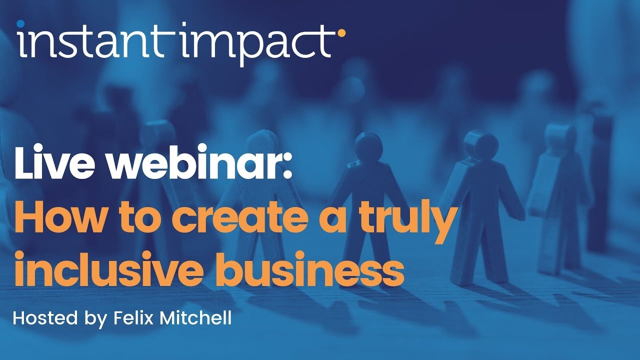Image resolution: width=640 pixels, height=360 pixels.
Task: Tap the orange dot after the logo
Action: click(x=341, y=33)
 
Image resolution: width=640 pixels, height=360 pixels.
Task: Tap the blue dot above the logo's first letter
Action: click(x=20, y=23)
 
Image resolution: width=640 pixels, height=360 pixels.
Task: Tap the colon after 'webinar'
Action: click(x=287, y=167)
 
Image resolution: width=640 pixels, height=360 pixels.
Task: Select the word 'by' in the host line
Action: click(x=95, y=319)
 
